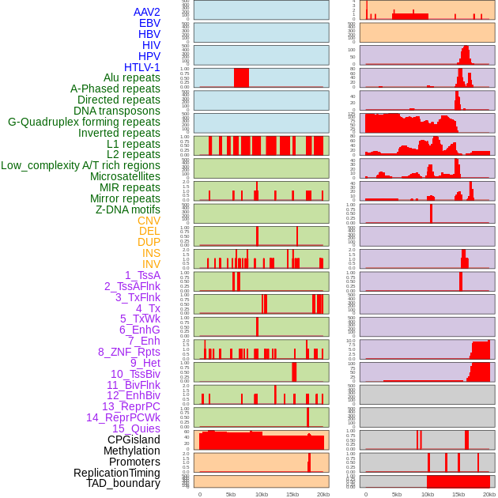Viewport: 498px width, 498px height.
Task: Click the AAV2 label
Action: (x=146, y=12)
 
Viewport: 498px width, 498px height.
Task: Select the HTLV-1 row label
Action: (x=141, y=67)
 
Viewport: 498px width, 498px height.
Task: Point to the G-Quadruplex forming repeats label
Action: (x=84, y=122)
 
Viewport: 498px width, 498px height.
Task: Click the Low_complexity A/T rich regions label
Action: (x=81, y=165)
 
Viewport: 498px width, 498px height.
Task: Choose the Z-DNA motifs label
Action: (x=128, y=209)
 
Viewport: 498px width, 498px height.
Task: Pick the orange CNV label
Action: (x=149, y=221)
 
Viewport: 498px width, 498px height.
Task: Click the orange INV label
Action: (x=151, y=264)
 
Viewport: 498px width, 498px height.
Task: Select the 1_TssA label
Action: (x=142, y=275)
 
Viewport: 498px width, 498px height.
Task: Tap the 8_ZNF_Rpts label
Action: (x=129, y=352)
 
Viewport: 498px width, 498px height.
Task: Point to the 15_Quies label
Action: (x=136, y=428)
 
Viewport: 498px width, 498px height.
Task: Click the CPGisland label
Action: (x=134, y=440)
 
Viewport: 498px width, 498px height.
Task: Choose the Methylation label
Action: (x=132, y=451)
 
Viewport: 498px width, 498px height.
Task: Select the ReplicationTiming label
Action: (x=117, y=473)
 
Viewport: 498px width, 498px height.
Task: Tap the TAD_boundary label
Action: (x=123, y=483)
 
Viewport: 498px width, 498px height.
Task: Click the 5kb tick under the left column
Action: (x=231, y=493)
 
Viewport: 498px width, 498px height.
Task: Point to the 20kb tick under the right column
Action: (x=489, y=493)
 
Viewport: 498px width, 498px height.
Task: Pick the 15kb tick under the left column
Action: (x=292, y=493)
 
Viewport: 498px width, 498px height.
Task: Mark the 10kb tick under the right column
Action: (x=428, y=493)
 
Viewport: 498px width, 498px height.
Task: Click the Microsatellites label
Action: (x=125, y=176)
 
